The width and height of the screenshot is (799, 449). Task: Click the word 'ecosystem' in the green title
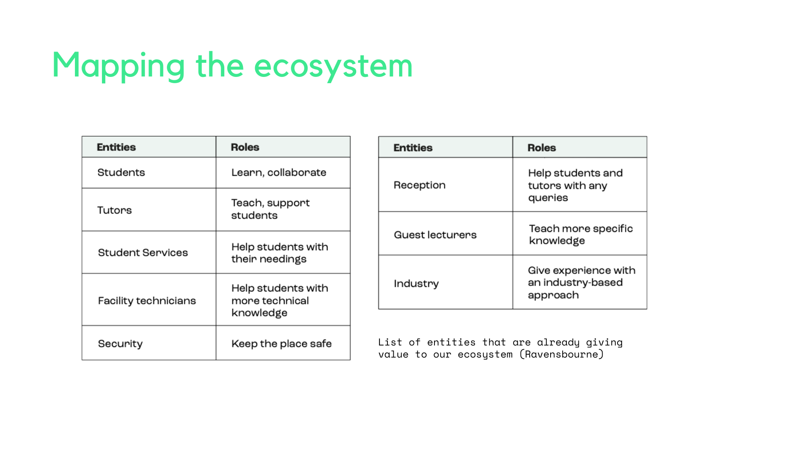tap(333, 66)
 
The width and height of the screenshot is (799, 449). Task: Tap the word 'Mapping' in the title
tap(119, 66)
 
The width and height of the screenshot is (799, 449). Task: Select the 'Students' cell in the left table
tap(149, 173)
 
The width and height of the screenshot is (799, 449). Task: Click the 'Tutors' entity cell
tap(149, 210)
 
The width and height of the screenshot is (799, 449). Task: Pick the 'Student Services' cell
tap(149, 252)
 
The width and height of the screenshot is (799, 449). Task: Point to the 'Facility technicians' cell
tap(149, 300)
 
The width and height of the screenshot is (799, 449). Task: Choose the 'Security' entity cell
tap(149, 343)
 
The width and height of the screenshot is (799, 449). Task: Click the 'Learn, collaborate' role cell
tap(283, 173)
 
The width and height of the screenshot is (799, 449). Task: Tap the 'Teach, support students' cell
tap(283, 210)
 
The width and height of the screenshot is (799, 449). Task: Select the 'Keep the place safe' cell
tap(283, 343)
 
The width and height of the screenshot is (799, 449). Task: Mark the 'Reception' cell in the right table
tap(446, 185)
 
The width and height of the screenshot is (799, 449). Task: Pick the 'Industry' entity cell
tap(446, 282)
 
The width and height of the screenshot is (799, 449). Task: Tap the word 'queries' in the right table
tap(548, 198)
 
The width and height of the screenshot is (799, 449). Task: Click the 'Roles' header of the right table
tap(541, 148)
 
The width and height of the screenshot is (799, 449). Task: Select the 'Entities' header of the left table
tap(116, 147)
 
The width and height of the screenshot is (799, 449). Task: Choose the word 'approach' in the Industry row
tap(553, 296)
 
